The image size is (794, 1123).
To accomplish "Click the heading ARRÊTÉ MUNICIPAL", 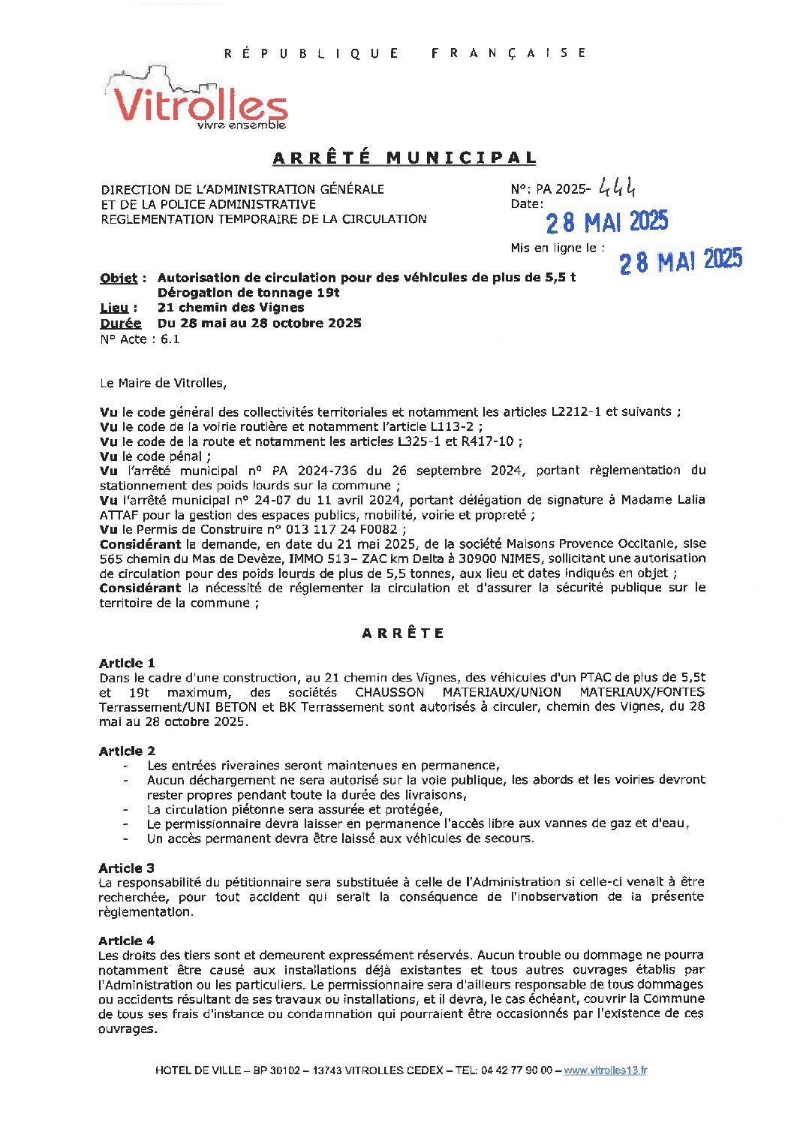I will pyautogui.click(x=405, y=158).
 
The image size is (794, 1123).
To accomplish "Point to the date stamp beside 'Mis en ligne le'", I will pyautogui.click(x=680, y=260).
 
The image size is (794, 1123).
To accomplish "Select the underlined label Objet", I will pyautogui.click(x=119, y=278).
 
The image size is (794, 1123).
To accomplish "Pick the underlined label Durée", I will pyautogui.click(x=120, y=324).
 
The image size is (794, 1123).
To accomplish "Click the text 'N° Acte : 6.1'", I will pyautogui.click(x=140, y=339).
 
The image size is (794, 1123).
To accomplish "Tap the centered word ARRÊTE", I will pyautogui.click(x=403, y=634).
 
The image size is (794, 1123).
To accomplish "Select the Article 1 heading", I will pyautogui.click(x=127, y=663).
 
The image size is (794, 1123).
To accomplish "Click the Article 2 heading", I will pyautogui.click(x=127, y=751).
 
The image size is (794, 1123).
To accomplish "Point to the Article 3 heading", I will pyautogui.click(x=126, y=868).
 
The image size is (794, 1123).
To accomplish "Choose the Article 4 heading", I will pyautogui.click(x=126, y=941).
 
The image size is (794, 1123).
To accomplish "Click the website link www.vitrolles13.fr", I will pyautogui.click(x=605, y=1070).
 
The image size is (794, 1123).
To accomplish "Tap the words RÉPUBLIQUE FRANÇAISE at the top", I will pyautogui.click(x=405, y=53).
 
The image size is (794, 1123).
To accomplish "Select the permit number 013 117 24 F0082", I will pyautogui.click(x=339, y=529).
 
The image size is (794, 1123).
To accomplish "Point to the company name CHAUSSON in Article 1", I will pyautogui.click(x=389, y=692).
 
